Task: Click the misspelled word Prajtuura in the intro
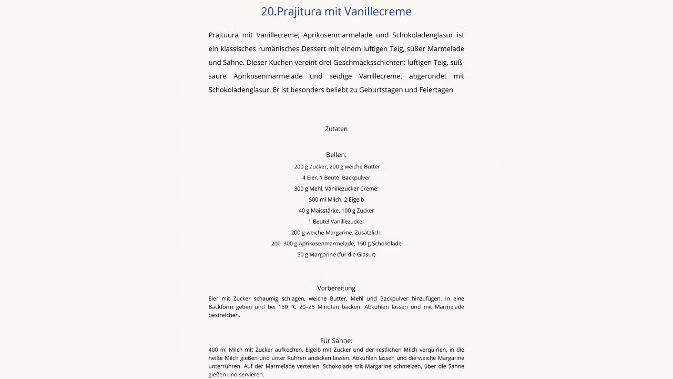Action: [223, 35]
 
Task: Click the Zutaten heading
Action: [336, 129]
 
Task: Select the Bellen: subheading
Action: [336, 155]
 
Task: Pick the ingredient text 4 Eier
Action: [309, 178]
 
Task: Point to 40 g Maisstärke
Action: [318, 211]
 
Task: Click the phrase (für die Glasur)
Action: [356, 255]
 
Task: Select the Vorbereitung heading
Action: [336, 288]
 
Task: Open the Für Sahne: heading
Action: [336, 341]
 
